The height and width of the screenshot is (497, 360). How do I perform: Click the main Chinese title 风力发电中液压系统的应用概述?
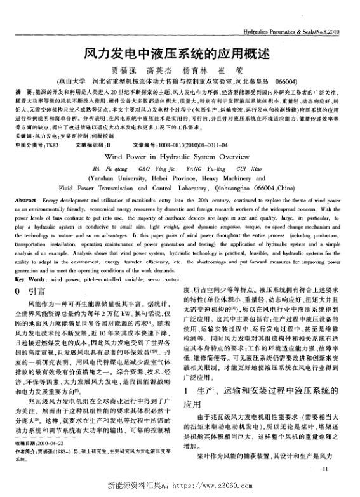(x=179, y=55)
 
